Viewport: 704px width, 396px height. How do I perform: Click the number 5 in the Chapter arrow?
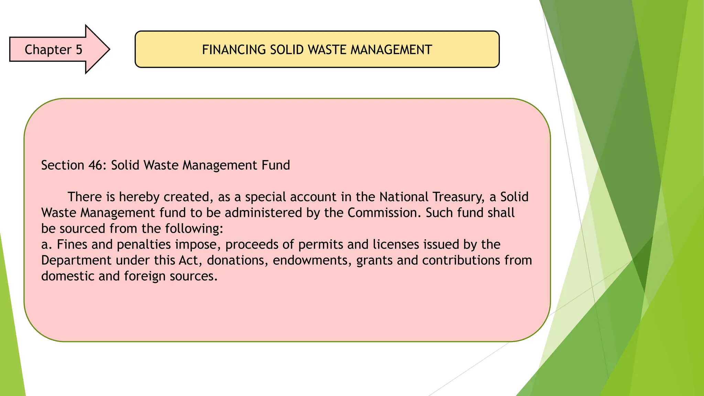pyautogui.click(x=79, y=50)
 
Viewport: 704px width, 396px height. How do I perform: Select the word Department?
pyautogui.click(x=76, y=261)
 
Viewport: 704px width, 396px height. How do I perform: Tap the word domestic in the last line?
pyautogui.click(x=68, y=276)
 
